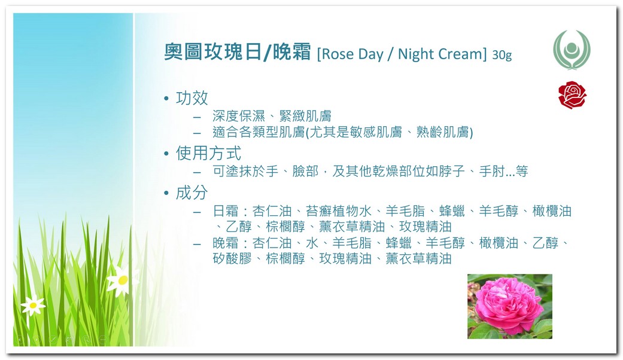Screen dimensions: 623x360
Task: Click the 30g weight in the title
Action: coord(502,55)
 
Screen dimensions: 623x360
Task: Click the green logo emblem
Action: coord(572,50)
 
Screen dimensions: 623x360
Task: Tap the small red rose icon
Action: coord(572,95)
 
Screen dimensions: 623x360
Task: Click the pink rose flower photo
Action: coord(510,306)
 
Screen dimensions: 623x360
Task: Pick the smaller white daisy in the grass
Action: coord(33,305)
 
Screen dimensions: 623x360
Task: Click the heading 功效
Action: coord(192,98)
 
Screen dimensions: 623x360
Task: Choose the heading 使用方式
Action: coord(209,153)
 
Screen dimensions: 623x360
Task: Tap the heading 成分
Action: coord(192,193)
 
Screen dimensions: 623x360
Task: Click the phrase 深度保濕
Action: coord(239,116)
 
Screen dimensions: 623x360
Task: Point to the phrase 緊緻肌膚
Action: coord(305,116)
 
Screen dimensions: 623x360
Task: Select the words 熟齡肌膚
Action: coord(442,132)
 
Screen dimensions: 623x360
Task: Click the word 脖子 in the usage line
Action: coord(452,171)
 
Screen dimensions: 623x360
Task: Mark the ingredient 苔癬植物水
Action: coord(339,210)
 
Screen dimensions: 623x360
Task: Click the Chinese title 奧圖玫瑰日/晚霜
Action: coord(237,52)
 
